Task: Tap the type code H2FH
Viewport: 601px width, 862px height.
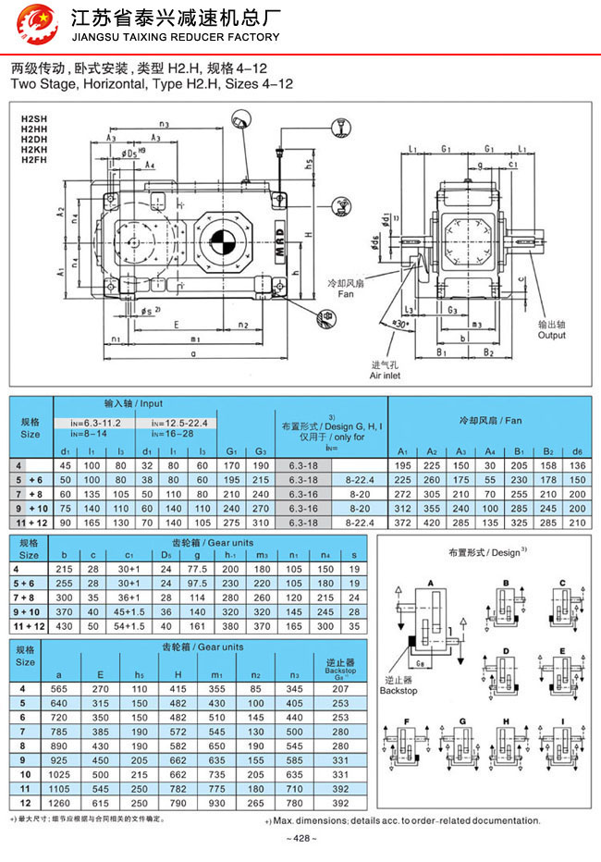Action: click(34, 160)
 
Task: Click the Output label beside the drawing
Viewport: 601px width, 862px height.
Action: click(552, 335)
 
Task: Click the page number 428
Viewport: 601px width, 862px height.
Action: click(301, 838)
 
